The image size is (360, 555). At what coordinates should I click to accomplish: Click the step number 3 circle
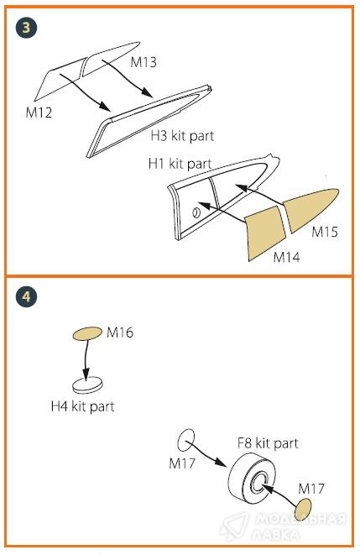pos(26,28)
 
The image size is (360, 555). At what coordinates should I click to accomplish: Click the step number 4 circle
pos(26,296)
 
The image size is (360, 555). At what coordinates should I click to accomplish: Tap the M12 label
pos(39,113)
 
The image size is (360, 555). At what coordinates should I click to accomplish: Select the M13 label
pos(143,62)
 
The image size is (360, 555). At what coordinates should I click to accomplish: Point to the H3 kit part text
pos(182,136)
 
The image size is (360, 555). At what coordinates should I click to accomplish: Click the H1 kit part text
pos(180,164)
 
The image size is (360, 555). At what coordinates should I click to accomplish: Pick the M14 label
pos(286,257)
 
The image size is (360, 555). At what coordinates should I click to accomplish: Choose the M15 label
pos(325,233)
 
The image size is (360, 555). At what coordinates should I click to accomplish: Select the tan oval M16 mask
pos(87,333)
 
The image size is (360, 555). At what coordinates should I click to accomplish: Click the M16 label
pos(120,332)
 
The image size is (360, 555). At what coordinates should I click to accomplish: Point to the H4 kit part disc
pos(88,385)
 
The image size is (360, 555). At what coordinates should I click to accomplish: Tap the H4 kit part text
pos(83,406)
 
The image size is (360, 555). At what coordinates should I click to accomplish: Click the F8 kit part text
pos(268,443)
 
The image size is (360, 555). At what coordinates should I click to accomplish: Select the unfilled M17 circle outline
pos(185,440)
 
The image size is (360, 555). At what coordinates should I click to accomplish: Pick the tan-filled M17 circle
pos(303,510)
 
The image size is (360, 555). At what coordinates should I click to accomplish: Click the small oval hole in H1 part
pos(196,212)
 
